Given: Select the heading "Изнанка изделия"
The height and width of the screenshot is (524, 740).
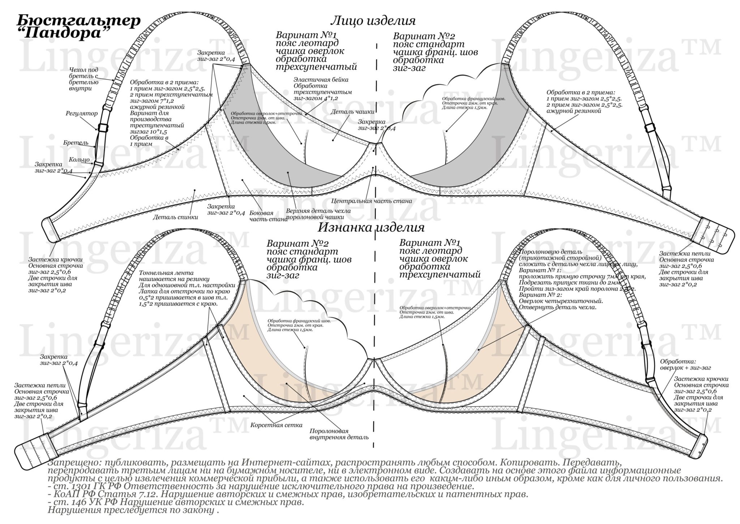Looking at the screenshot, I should click(371, 228).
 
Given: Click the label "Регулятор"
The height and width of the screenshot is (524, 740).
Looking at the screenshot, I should click(81, 114).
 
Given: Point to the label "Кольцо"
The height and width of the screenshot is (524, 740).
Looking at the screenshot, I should click(79, 159).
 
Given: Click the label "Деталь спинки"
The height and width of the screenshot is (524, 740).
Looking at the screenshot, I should click(175, 217).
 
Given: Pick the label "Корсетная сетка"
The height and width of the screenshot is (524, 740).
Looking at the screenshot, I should click(276, 425).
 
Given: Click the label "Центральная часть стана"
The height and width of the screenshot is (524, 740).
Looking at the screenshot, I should click(371, 201).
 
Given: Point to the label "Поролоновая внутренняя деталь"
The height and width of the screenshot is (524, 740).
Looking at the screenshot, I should click(339, 434).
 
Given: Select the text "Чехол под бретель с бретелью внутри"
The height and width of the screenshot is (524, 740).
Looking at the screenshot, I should click(83, 79).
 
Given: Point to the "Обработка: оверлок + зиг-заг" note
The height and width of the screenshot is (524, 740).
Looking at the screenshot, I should click(685, 365).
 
